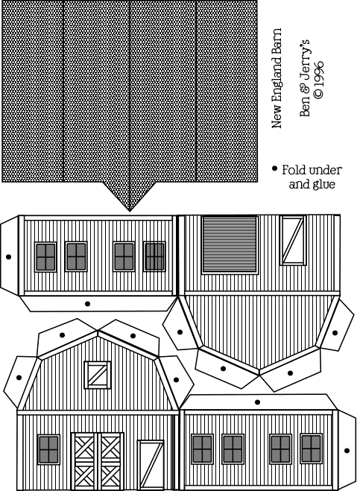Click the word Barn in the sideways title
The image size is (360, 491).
pos(277,41)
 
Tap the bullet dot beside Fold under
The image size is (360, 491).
pos(275,168)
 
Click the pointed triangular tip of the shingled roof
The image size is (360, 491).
pos(130,212)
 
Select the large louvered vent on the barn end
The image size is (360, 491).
pos(230,244)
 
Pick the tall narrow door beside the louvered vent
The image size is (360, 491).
pos(293,240)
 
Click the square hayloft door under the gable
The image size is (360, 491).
pos(98,375)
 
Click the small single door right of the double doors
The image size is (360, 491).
pos(151,466)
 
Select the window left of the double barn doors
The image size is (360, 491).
pos(48,449)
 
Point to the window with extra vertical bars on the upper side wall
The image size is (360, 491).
pos(154,256)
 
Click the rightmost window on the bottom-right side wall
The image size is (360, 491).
pos(311,449)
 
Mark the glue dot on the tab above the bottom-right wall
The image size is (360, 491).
pos(258,402)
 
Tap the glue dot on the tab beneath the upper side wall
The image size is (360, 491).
pos(87,304)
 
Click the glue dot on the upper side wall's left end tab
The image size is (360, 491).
pos(8,257)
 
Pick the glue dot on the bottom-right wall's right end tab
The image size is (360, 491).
pos(347,451)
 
